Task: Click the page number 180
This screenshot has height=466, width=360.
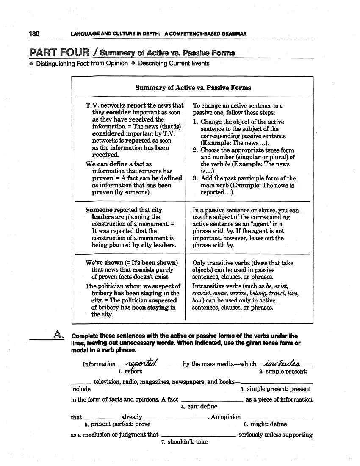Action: coord(34,34)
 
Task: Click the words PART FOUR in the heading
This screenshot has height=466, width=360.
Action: coord(59,53)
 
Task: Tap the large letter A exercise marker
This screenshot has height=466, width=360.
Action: coord(58,336)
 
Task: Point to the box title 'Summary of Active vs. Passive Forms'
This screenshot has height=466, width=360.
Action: coord(193,88)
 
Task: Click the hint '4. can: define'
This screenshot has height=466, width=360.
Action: coord(199,407)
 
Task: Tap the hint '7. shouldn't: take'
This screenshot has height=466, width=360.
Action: coord(184,441)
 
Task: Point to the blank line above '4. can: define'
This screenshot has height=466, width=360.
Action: coord(211,401)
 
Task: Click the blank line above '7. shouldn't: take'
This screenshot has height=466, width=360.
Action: coord(199,436)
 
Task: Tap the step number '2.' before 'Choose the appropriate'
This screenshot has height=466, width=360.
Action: coord(195,150)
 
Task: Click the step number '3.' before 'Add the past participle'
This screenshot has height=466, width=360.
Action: coord(195,178)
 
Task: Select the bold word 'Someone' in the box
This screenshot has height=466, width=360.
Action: coord(99,210)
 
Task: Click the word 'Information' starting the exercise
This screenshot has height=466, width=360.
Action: coord(99,364)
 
